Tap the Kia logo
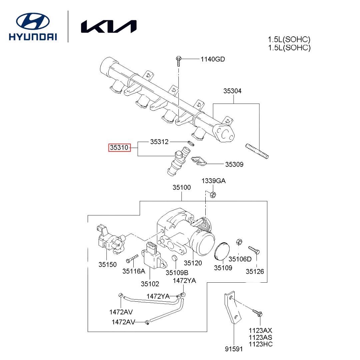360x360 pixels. click(x=109, y=27)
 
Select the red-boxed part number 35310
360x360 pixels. click(x=119, y=147)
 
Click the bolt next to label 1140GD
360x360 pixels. click(x=179, y=60)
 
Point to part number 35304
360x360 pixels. click(x=232, y=91)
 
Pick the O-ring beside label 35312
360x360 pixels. click(x=190, y=143)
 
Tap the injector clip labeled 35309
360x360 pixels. click(x=199, y=161)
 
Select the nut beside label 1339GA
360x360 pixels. click(x=213, y=194)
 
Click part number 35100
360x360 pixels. click(x=182, y=188)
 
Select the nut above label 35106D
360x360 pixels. click(x=239, y=242)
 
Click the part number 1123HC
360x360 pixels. click(x=261, y=344)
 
